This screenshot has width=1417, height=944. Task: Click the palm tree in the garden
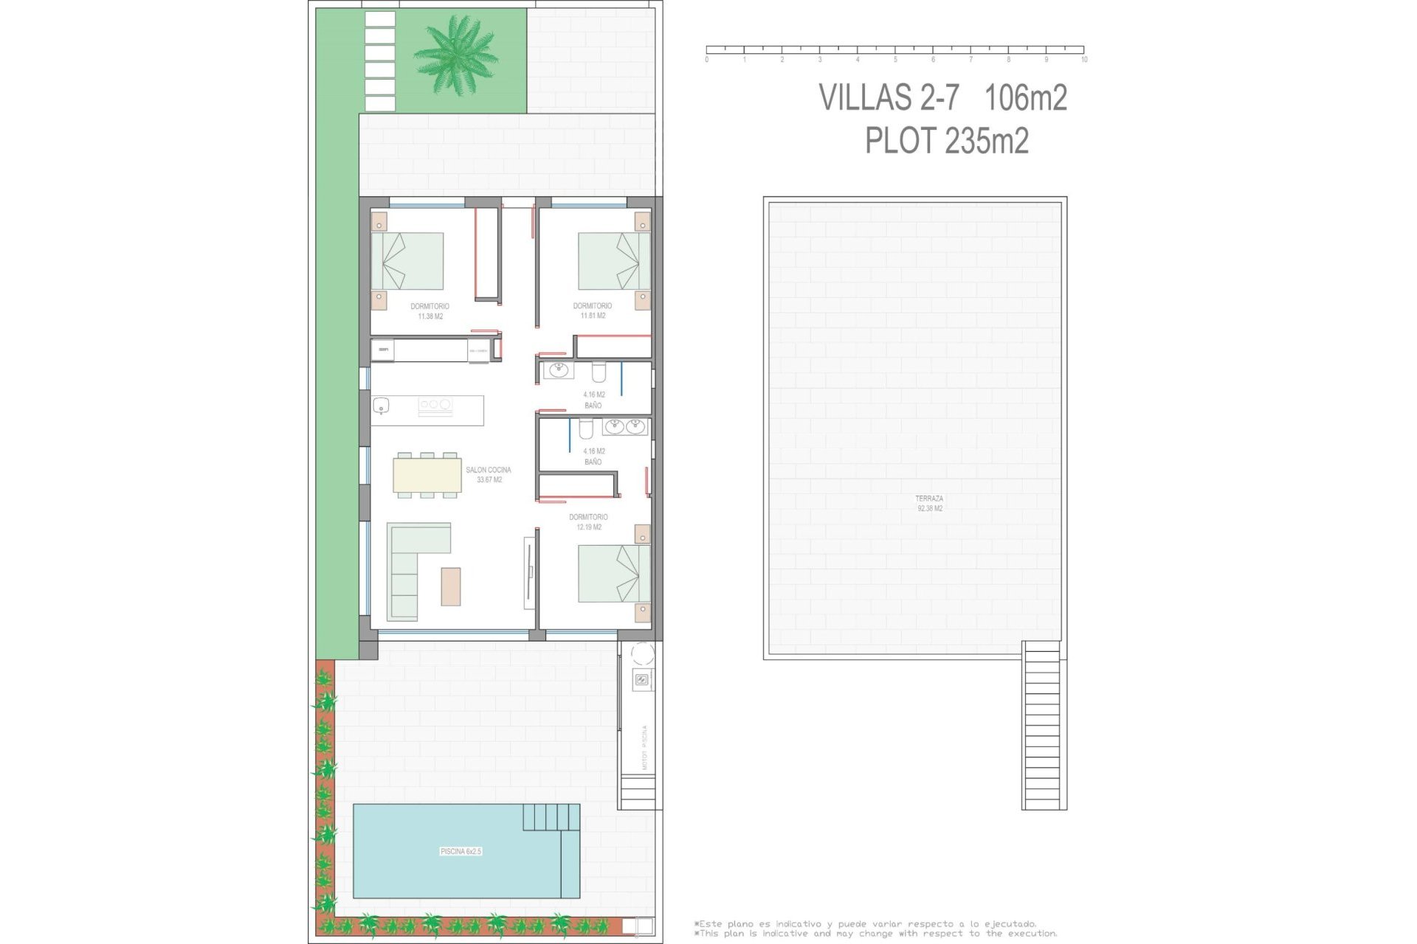(x=455, y=55)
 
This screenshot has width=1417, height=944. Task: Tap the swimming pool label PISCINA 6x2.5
(x=461, y=851)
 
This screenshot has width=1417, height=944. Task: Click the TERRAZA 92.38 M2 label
(x=929, y=504)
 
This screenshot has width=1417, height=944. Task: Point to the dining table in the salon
(x=427, y=475)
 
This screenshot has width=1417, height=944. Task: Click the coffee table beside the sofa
(x=451, y=586)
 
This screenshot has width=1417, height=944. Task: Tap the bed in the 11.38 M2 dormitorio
(x=407, y=261)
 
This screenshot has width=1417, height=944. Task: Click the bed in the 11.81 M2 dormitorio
(x=613, y=261)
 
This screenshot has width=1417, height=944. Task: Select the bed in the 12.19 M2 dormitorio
(x=613, y=573)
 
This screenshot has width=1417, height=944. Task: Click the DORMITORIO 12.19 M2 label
(x=588, y=522)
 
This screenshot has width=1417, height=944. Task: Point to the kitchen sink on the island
(x=382, y=406)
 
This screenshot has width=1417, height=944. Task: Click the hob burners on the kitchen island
(x=435, y=405)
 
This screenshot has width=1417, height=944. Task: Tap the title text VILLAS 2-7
(x=889, y=97)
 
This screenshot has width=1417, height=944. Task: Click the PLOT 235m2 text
(x=947, y=141)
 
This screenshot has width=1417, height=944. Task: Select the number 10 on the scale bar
(x=1083, y=60)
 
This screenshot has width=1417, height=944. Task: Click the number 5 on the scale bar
(x=895, y=60)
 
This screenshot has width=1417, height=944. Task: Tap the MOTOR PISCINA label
(x=644, y=747)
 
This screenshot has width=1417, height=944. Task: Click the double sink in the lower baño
(x=625, y=426)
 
